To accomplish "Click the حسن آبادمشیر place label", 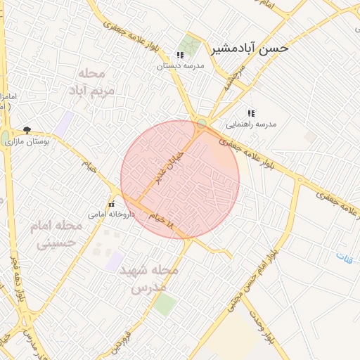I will click(249, 49).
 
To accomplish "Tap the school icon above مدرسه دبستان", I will click(180, 54).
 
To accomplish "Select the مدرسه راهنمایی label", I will click(251, 124).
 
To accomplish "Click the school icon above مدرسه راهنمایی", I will click(250, 112).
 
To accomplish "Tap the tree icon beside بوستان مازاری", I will click(27, 130).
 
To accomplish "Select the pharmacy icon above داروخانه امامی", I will click(110, 203).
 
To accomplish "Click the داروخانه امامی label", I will click(110, 213).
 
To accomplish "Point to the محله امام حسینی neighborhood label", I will click(56, 235).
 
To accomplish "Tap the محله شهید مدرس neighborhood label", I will click(148, 278).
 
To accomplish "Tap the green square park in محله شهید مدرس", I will click(165, 304).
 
